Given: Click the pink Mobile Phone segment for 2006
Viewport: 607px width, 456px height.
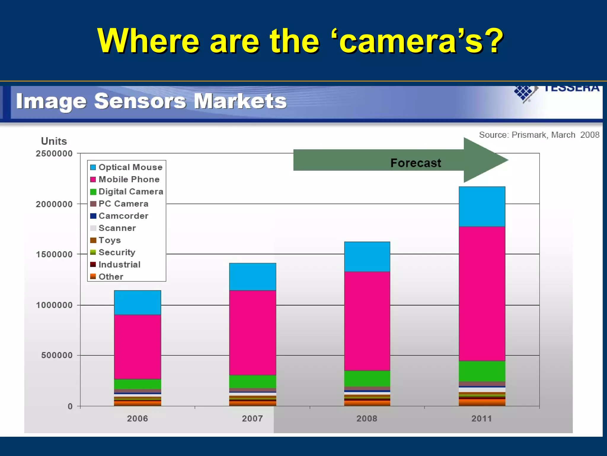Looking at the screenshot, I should (x=138, y=347).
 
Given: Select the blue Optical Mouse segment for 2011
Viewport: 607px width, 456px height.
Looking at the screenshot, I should (x=482, y=207).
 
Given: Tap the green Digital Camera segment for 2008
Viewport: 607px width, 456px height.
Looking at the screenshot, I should (x=367, y=379).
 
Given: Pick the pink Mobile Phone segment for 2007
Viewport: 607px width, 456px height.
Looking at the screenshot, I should (x=253, y=332).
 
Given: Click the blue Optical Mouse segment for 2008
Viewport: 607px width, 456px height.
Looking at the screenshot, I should (x=367, y=257).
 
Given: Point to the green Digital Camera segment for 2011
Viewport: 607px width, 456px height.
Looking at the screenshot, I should (x=482, y=371).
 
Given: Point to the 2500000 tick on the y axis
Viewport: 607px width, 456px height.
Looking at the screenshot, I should (x=54, y=153).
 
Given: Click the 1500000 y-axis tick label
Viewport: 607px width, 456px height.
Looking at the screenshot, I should (x=54, y=254).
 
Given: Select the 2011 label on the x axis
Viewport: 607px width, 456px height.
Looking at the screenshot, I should (x=482, y=419).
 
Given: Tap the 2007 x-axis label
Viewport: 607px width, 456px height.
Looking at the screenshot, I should (x=252, y=419).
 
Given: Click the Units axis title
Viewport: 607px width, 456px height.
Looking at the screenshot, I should (x=54, y=141).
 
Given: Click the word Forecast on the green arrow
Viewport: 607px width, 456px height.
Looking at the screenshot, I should (x=416, y=163).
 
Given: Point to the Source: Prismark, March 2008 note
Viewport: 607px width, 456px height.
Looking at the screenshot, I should (x=539, y=135).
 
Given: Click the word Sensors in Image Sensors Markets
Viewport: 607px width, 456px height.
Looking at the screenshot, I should (x=140, y=101).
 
